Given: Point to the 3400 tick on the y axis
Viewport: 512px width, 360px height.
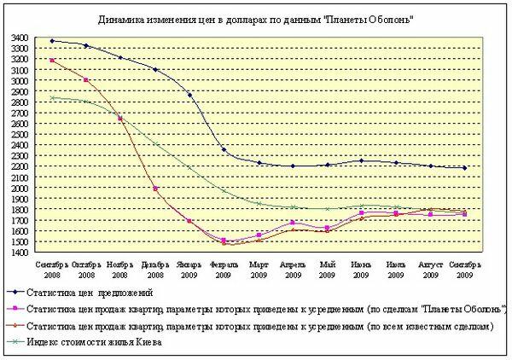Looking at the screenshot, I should point(20,39).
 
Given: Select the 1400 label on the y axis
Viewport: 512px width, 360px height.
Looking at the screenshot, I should point(20,253).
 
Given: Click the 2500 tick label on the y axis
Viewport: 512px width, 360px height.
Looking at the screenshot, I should point(20,135).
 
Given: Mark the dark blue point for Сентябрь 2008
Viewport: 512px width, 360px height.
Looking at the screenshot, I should point(52,41).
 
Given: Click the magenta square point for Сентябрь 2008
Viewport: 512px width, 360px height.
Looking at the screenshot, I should point(52,61).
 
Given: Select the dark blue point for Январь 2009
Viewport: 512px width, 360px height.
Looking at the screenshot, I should point(189,95).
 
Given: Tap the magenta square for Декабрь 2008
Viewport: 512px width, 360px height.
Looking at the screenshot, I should point(154,189).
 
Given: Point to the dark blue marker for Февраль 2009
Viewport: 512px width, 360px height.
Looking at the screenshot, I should point(224,150).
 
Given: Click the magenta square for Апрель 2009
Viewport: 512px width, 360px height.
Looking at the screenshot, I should point(293,223).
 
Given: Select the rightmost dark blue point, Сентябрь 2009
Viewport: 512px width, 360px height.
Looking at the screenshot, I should point(464,168).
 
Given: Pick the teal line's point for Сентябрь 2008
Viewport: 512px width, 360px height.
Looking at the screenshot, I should point(52,98).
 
